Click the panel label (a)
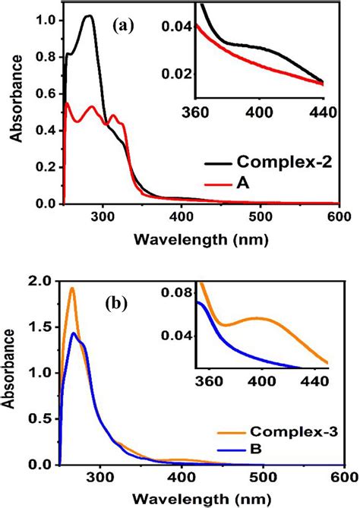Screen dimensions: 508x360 [x=123, y=26]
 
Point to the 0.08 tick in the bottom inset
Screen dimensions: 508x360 [x=180, y=291]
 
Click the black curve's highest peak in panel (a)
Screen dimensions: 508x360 [x=88, y=16]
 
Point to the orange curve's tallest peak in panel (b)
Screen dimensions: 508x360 [x=72, y=288]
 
